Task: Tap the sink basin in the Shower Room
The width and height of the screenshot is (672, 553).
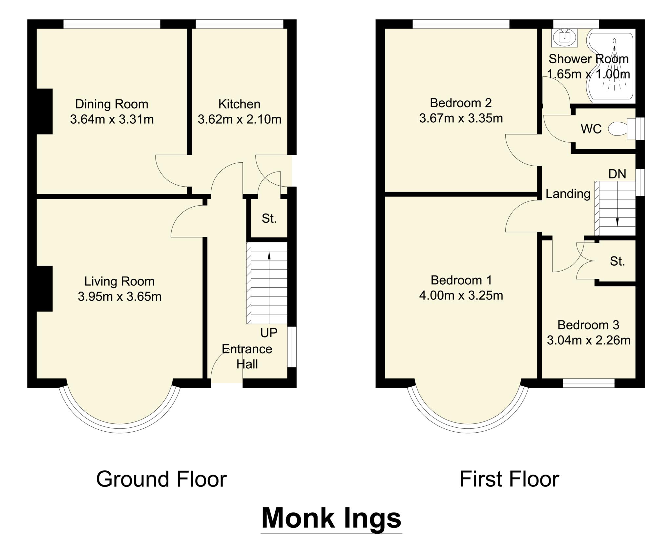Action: click(564, 38)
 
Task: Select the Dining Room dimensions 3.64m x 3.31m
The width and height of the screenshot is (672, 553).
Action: click(112, 119)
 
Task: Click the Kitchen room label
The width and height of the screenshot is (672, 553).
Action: click(239, 104)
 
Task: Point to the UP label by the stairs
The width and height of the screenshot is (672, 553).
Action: click(269, 333)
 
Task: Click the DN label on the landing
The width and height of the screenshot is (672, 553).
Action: click(617, 174)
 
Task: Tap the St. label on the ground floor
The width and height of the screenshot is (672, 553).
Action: click(269, 218)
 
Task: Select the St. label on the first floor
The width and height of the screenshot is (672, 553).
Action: click(617, 261)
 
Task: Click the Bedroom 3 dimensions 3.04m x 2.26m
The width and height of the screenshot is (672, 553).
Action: click(588, 340)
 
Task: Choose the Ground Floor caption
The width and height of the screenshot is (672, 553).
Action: click(161, 479)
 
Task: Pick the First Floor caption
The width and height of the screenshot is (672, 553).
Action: click(509, 479)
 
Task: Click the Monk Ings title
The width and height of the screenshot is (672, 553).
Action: click(331, 518)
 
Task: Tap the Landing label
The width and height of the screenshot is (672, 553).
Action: click(568, 194)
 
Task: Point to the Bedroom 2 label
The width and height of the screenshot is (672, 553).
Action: click(461, 103)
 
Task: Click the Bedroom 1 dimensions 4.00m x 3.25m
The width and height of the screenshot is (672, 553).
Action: click(461, 296)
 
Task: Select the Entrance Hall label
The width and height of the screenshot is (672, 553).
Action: click(247, 357)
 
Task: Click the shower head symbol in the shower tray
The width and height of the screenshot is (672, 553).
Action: click(614, 41)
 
